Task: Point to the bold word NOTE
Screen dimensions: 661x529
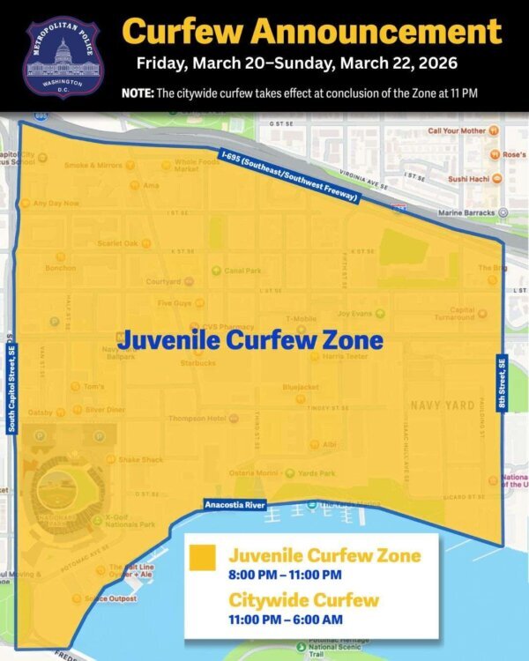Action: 138,93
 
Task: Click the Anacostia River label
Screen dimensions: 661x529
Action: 235,505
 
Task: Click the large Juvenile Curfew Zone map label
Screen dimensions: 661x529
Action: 251,339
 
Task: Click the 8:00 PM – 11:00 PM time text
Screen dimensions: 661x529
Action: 285,576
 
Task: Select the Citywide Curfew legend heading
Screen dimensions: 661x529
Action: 304,601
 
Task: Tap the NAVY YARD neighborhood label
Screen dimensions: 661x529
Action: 443,405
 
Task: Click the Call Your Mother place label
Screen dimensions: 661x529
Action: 457,130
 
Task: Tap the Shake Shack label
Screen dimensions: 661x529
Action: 141,459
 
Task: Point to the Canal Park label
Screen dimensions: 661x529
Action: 242,271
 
